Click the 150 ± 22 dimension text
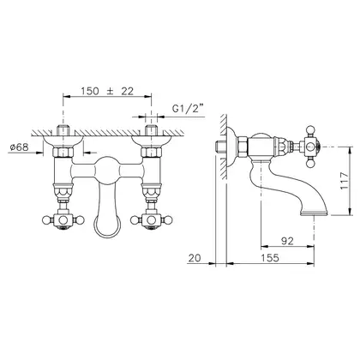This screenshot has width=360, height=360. pos(107,91)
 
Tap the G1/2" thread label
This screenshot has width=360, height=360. pos(189,109)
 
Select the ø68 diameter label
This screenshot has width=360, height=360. pos(20,147)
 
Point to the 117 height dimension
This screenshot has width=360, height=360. pos(344,180)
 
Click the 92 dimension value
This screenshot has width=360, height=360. pos(287,241)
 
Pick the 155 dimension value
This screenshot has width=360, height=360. pos(270,258)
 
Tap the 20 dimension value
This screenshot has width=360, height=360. pos(195,258)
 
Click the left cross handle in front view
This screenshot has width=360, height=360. pos(63,220)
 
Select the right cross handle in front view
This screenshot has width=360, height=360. pos(152,220)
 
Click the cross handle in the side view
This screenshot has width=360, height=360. pos(311,147)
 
